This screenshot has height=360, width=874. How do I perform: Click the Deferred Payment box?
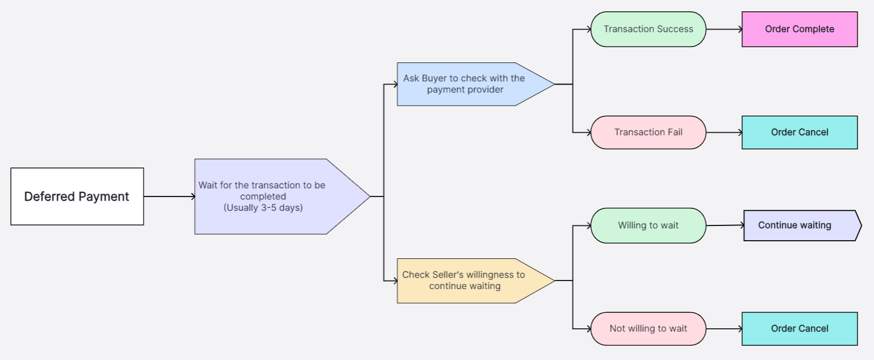coord(77,196)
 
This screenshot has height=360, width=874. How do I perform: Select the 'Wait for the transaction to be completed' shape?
coord(273,196)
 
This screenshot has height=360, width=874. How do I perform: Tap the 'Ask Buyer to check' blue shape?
coord(466,84)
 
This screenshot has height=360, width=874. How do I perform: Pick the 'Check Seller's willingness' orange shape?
coord(466,281)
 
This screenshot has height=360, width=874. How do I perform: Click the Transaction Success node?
coord(648,29)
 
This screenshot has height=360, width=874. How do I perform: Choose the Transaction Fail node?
coord(648,132)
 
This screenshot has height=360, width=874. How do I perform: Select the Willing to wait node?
coord(648,225)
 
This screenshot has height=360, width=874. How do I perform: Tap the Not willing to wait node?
coord(648,329)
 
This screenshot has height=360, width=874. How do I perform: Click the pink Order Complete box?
coord(799,29)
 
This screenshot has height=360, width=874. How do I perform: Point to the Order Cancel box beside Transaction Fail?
coord(799,132)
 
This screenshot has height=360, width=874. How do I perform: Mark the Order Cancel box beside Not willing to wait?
coord(799,329)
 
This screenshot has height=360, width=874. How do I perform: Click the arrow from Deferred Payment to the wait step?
coord(169,196)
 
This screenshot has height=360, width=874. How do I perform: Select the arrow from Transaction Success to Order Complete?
coord(724,29)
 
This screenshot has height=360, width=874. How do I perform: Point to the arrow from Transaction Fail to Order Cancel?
coord(724,132)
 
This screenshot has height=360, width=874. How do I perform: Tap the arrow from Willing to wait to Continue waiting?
coord(725,225)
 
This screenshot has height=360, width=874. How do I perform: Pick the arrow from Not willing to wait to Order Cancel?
coord(724,329)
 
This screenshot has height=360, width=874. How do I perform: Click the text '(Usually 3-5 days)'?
coord(263,208)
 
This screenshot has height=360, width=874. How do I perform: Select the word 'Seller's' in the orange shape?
coord(452,275)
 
